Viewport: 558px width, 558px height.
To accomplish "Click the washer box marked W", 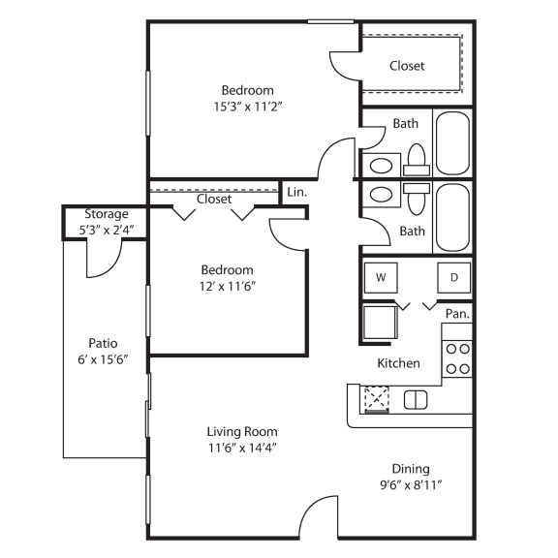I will (x=381, y=277).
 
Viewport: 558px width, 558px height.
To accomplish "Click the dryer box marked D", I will (x=453, y=277).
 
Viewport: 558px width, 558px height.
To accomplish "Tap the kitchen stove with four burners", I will (x=457, y=357).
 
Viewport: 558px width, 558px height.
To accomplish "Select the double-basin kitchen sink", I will (x=416, y=399).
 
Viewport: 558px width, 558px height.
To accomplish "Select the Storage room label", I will (x=107, y=214).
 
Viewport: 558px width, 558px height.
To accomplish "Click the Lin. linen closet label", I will (x=297, y=192).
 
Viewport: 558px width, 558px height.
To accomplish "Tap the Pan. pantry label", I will (x=457, y=314).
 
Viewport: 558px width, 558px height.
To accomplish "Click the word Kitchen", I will (x=398, y=363).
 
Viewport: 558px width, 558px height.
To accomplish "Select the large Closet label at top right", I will (x=408, y=66).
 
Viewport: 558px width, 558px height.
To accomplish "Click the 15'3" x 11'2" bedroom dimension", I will (x=248, y=106).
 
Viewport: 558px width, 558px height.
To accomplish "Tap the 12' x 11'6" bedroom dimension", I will (x=228, y=287).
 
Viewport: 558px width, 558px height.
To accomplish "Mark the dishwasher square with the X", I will (x=375, y=398).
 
